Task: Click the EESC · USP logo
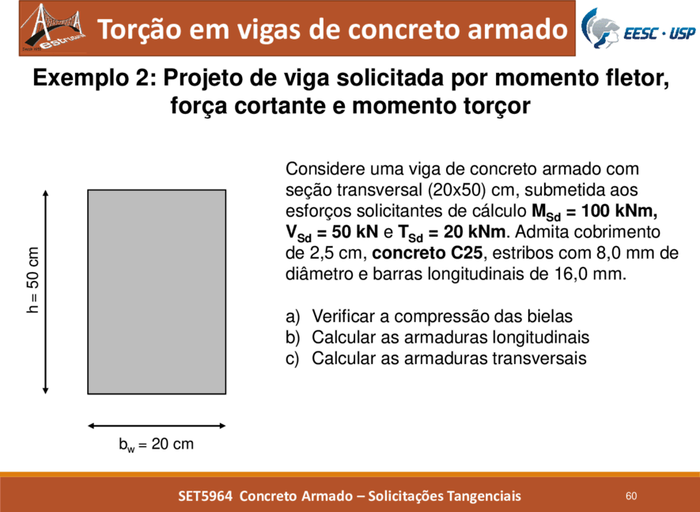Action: click(x=638, y=28)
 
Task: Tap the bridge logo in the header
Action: click(x=53, y=28)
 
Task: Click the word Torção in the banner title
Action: click(x=139, y=29)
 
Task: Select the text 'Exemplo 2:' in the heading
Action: click(x=94, y=78)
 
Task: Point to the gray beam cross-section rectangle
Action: click(x=157, y=292)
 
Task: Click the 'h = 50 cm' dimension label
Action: click(x=33, y=279)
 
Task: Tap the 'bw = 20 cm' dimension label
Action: click(x=157, y=445)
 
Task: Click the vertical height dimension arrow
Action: click(x=45, y=292)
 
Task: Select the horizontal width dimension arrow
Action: click(x=157, y=426)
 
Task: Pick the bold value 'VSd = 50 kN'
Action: click(x=331, y=233)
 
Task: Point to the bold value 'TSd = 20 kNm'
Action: click(x=452, y=233)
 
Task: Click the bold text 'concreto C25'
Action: click(x=427, y=253)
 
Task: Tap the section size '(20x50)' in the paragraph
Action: click(x=456, y=191)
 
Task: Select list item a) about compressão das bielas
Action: click(x=429, y=317)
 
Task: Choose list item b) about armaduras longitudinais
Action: click(x=437, y=337)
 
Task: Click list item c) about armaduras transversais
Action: click(x=436, y=358)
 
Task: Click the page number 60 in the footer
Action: click(x=631, y=496)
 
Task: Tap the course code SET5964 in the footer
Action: click(x=206, y=496)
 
